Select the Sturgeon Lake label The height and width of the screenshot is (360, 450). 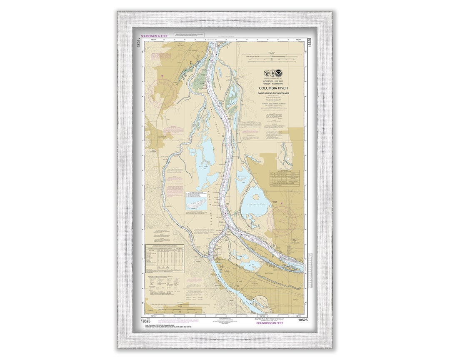[203, 165]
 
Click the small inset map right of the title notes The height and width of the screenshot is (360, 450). [285, 155]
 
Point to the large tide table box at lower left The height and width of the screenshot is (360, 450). [164, 258]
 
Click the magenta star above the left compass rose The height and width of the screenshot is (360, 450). [162, 75]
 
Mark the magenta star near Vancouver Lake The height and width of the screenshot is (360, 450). [282, 203]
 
